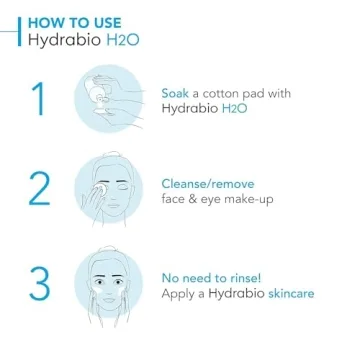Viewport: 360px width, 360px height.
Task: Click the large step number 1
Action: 38,100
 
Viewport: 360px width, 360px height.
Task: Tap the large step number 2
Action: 38,189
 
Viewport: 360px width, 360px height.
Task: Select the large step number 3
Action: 38,284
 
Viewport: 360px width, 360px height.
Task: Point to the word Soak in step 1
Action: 176,93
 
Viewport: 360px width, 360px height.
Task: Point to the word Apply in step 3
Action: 180,293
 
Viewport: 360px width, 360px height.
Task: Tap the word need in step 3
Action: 198,277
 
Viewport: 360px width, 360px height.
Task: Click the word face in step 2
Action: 176,199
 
